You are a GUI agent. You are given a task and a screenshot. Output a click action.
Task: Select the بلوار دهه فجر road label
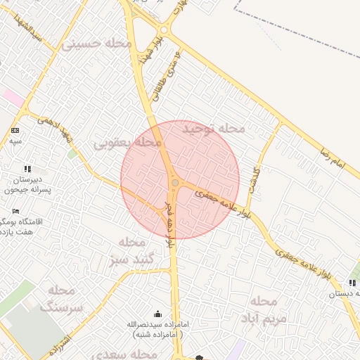[169, 224]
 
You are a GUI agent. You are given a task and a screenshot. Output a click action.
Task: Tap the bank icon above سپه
[15, 131]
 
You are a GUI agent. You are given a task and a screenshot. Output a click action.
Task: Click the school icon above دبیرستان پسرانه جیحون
[27, 169]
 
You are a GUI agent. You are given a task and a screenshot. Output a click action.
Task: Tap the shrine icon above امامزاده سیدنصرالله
[156, 314]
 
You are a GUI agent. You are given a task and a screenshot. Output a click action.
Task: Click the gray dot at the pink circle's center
[174, 183]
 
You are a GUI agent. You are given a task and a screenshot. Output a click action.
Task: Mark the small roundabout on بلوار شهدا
[164, 30]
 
